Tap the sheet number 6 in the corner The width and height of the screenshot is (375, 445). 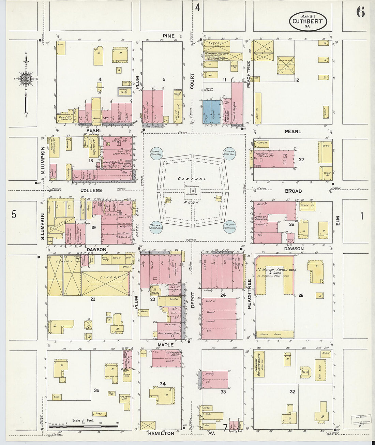[360, 12]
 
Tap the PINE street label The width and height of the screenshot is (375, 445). [168, 36]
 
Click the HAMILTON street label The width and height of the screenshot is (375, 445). [161, 433]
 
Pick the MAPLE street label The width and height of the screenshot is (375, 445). [165, 345]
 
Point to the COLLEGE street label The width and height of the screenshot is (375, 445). [91, 190]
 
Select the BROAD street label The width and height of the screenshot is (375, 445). [293, 191]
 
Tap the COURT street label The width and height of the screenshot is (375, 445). [192, 81]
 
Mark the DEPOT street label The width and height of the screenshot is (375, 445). [192, 300]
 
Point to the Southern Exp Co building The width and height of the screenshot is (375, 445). [169, 334]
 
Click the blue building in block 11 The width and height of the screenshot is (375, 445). [211, 111]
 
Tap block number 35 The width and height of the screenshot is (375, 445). [96, 390]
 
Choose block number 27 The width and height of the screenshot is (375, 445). [301, 159]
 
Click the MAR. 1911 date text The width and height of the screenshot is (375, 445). [307, 16]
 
